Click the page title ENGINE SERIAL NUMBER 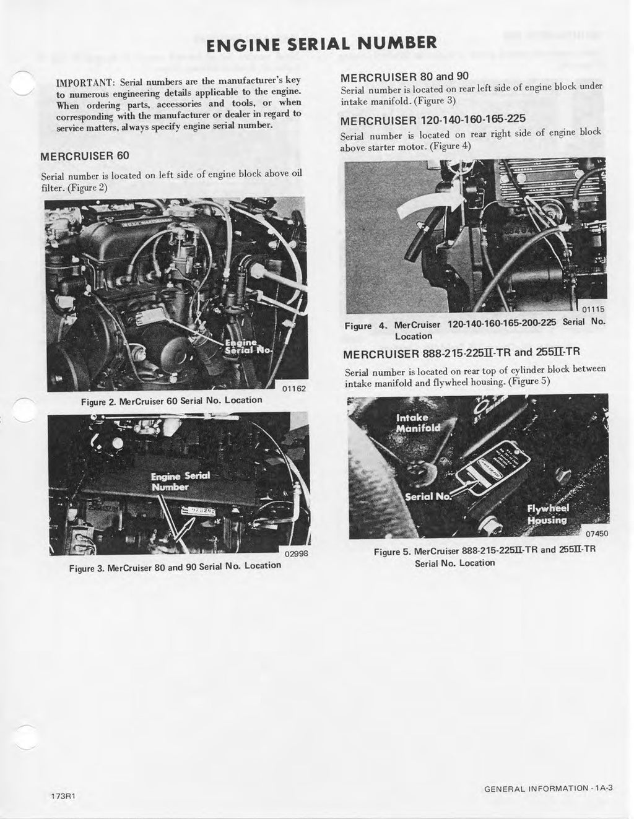(321, 44)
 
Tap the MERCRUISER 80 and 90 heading (404, 77)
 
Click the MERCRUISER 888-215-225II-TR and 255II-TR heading (461, 354)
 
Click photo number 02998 (297, 555)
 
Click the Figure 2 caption (172, 401)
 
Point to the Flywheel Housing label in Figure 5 (547, 514)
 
